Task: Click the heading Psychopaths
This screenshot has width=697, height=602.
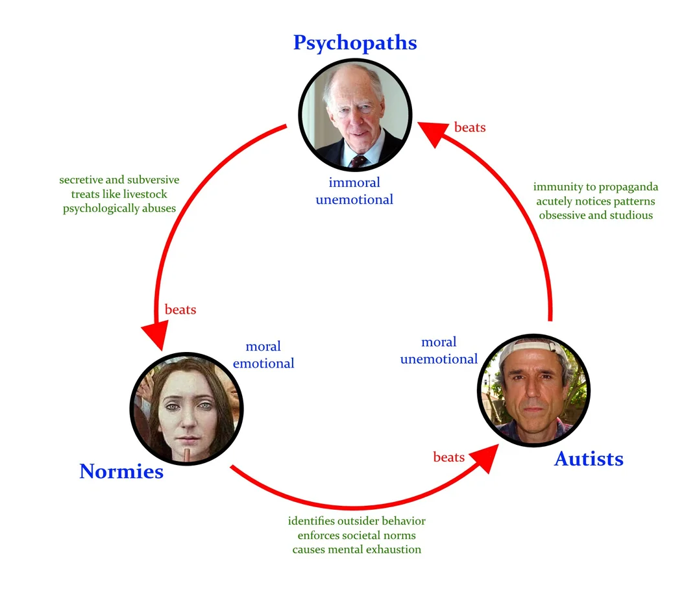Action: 355,43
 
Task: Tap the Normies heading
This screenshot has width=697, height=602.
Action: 121,471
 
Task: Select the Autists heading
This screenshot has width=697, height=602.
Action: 589,458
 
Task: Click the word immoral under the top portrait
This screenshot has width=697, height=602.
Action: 354,182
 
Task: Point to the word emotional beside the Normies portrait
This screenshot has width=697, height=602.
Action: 263,364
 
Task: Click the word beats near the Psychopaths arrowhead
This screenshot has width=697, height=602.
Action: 470,127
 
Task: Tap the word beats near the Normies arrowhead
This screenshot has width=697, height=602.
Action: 180,309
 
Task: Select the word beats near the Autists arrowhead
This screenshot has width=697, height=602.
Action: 449,457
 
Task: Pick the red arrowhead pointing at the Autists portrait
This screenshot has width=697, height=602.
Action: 485,458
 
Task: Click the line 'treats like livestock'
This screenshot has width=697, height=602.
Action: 119,194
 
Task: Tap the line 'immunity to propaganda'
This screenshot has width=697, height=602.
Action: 596,187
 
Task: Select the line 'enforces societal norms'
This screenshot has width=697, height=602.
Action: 356,535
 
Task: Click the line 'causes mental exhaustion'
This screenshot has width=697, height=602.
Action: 356,549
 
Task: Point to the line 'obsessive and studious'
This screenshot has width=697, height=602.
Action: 596,216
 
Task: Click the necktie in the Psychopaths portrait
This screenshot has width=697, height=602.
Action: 358,160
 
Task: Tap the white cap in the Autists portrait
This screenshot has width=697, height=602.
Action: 533,349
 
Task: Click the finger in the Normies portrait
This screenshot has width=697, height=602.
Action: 188,455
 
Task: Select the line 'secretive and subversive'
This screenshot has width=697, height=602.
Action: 119,180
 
